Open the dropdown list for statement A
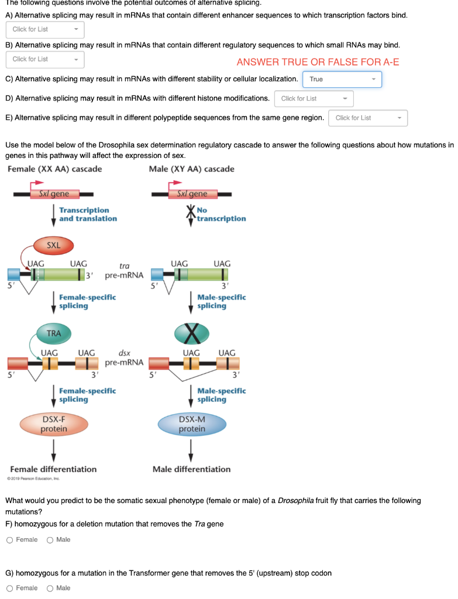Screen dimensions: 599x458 (x=44, y=29)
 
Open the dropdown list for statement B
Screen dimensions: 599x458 (x=44, y=59)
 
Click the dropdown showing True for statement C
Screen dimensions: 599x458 (x=342, y=80)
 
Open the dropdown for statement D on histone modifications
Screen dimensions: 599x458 (x=314, y=98)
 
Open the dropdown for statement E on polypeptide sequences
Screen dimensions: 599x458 (x=368, y=118)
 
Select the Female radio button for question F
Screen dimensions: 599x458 (x=10, y=540)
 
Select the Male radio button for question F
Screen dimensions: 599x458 (x=50, y=540)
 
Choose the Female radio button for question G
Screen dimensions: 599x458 (x=10, y=588)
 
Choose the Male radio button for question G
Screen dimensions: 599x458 (x=50, y=588)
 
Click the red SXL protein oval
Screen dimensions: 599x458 (x=53, y=246)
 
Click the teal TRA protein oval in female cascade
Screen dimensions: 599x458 (x=53, y=333)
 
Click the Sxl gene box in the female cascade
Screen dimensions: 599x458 (x=53, y=194)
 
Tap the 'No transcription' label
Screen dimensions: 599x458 (x=221, y=214)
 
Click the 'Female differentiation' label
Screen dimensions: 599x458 (x=53, y=469)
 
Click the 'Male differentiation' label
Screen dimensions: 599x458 (x=191, y=469)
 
